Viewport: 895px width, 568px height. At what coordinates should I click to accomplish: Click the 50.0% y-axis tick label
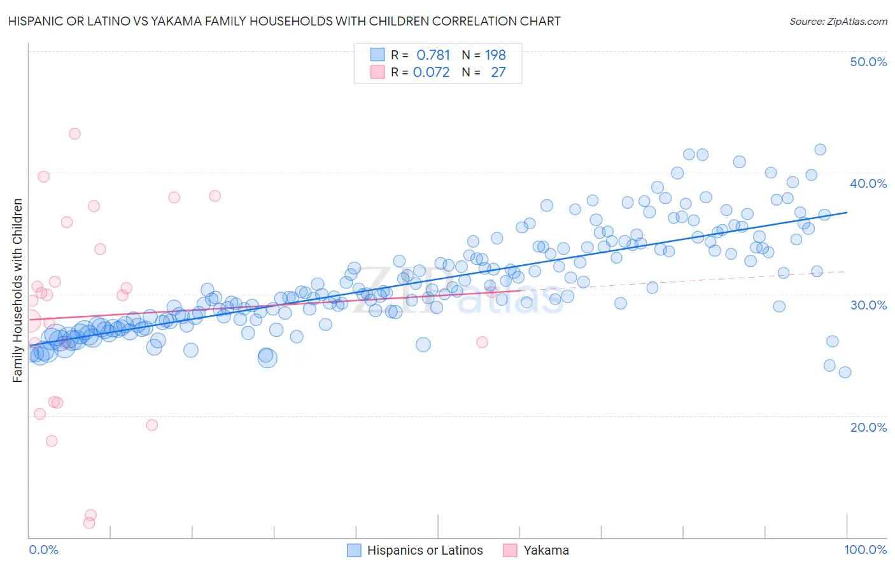(868, 62)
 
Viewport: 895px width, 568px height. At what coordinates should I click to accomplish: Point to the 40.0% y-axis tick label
(868, 183)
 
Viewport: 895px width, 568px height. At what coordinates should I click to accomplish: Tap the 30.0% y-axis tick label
(868, 305)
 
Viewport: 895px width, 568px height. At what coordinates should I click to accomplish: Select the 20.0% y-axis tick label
(868, 427)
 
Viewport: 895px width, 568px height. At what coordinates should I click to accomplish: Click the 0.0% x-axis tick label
(43, 550)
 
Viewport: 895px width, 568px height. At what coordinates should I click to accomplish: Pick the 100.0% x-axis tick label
(866, 550)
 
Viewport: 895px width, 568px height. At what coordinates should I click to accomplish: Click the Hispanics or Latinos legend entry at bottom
(425, 551)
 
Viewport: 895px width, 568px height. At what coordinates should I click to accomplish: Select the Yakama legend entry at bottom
(546, 551)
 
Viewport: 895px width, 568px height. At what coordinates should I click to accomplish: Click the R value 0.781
(433, 55)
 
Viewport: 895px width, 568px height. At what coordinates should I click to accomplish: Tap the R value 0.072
(431, 73)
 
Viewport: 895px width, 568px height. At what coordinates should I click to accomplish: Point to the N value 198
(495, 55)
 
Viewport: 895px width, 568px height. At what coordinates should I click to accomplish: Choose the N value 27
(498, 73)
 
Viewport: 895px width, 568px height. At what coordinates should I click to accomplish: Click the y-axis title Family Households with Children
(18, 290)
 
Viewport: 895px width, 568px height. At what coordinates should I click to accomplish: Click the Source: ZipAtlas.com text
(838, 22)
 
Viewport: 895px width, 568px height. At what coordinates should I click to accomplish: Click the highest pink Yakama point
(74, 134)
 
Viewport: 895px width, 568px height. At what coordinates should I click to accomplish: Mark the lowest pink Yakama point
(89, 523)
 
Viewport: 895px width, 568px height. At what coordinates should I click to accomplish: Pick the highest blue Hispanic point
(820, 150)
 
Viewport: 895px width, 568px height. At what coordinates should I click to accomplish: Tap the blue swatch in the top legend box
(377, 55)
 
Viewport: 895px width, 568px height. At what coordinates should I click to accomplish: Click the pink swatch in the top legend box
(377, 73)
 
